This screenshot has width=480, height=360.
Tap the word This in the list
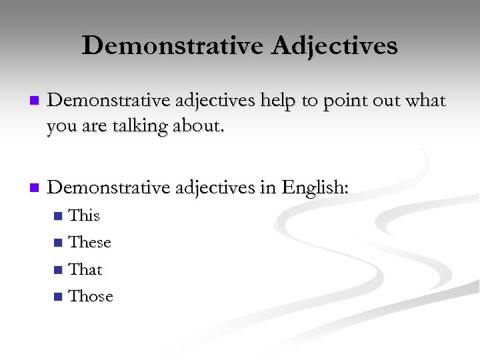tap(85, 215)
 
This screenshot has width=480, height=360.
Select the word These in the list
tap(90, 242)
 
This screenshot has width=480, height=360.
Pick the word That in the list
tap(86, 269)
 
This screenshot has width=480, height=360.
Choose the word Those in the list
tap(91, 296)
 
